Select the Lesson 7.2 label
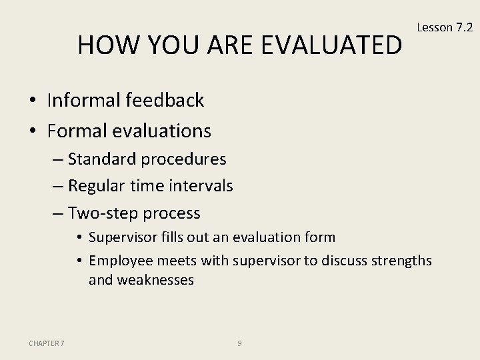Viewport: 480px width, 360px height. point(444,27)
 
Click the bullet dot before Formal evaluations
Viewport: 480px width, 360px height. point(33,131)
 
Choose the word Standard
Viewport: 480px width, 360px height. point(101,160)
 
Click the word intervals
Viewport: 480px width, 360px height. point(201,187)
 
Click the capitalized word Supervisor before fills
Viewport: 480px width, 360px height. point(121,237)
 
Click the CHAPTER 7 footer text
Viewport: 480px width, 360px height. point(47,343)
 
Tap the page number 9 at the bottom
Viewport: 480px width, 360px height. point(239,343)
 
